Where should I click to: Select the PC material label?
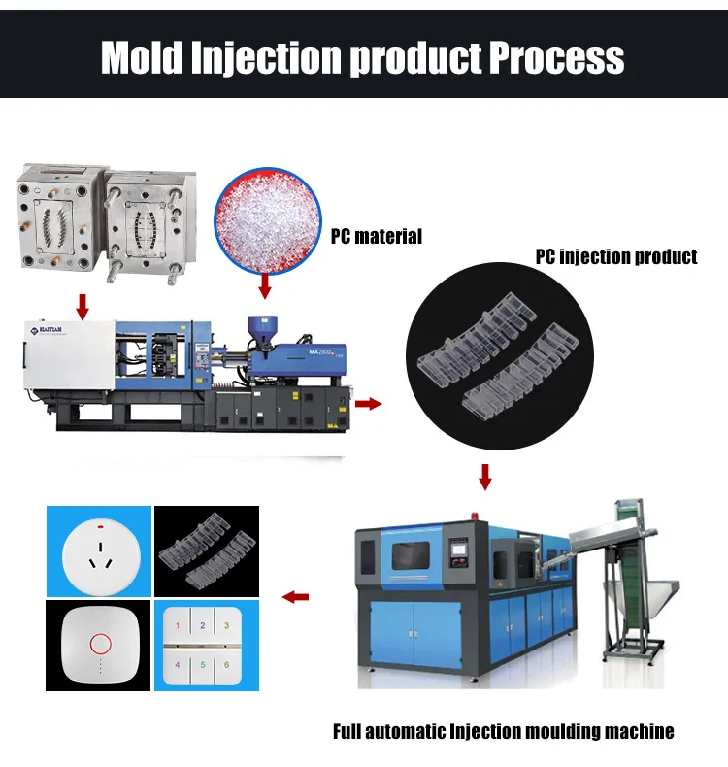[x=376, y=236]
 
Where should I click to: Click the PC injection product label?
[x=616, y=257]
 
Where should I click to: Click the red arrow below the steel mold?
[x=83, y=307]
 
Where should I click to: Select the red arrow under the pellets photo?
[x=264, y=287]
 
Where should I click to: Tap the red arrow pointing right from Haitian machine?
[x=369, y=402]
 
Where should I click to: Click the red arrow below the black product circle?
[x=486, y=477]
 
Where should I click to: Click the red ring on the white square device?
[x=99, y=643]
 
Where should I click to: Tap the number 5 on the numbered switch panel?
[x=202, y=666]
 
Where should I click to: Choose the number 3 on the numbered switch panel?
[x=227, y=625]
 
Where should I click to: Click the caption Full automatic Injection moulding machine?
[x=503, y=731]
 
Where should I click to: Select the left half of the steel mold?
[x=57, y=219]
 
